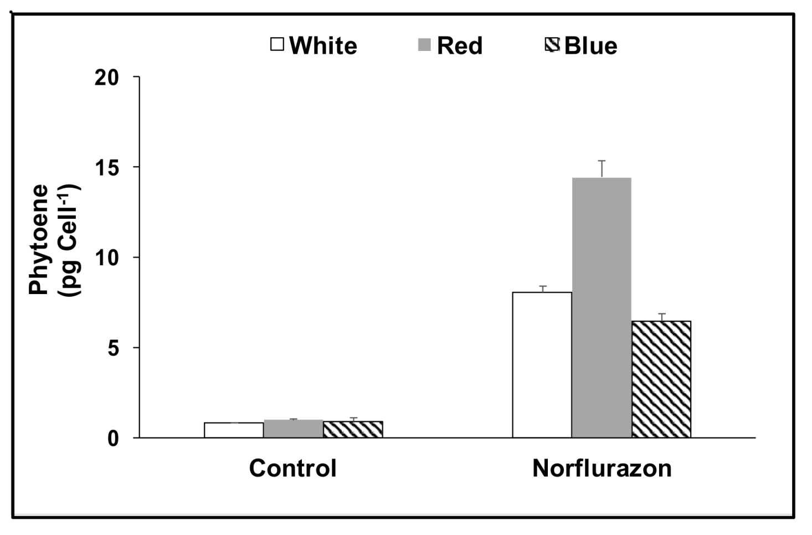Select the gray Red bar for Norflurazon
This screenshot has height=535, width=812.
click(602, 307)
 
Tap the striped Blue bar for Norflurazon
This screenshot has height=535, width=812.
click(661, 379)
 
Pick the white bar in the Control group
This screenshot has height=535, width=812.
click(234, 430)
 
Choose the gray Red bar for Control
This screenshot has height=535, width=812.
click(293, 429)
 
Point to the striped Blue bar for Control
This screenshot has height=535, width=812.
click(353, 430)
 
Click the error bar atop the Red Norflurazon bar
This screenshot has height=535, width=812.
click(602, 168)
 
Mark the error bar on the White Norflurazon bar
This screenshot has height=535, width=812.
click(542, 289)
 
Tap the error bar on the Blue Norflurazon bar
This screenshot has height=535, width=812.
click(661, 317)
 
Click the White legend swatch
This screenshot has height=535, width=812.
click(277, 44)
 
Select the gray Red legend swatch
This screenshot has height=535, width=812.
click(424, 44)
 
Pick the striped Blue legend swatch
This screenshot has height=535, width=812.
click(552, 44)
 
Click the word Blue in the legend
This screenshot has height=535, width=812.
click(590, 45)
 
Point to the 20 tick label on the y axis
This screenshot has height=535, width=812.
click(106, 78)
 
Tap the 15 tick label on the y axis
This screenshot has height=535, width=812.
click(106, 167)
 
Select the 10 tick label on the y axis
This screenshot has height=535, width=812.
click(106, 258)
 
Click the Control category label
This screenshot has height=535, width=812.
click(292, 468)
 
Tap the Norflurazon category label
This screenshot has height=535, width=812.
click(602, 468)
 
